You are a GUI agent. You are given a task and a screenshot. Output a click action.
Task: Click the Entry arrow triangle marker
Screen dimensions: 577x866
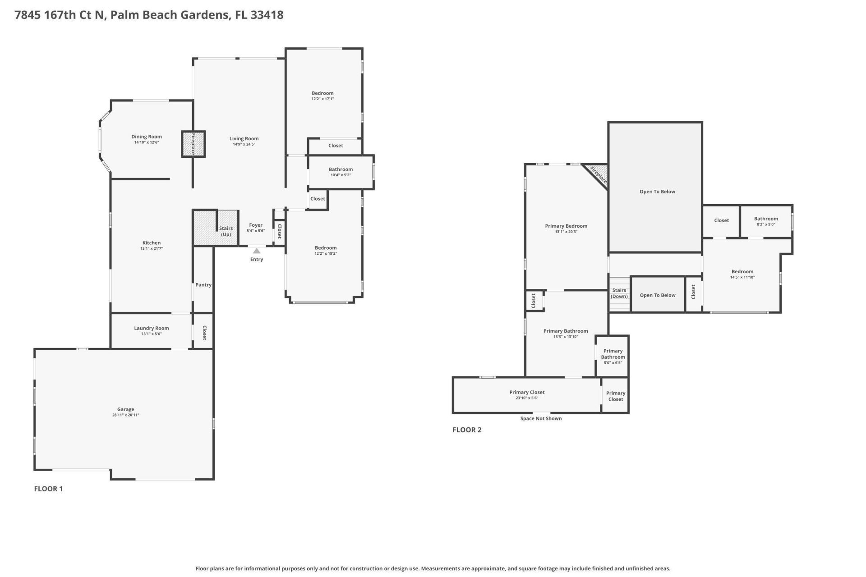point(256,251)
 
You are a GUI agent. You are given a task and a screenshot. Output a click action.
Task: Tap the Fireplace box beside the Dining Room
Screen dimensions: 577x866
point(193,144)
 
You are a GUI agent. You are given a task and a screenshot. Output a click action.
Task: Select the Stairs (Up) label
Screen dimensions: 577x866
point(226,231)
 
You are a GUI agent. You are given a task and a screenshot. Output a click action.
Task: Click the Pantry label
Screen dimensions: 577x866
point(203,285)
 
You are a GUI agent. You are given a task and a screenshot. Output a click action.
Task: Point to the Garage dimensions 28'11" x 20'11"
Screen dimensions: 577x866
point(125,415)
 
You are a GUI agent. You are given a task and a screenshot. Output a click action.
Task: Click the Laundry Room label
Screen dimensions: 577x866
point(152,328)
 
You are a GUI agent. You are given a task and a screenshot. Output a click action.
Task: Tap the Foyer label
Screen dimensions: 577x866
point(256,225)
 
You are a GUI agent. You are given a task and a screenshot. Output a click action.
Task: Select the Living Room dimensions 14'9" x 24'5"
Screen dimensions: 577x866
point(244,144)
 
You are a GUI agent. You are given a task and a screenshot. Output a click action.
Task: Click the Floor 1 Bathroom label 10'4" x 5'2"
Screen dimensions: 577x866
point(341,169)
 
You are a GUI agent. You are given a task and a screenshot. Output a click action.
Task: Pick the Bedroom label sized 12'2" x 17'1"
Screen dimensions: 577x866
point(322,93)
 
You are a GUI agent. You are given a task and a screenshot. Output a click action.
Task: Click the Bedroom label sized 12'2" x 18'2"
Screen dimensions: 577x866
point(326,248)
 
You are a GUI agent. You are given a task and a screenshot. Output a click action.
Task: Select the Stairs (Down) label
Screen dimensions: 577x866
point(619,293)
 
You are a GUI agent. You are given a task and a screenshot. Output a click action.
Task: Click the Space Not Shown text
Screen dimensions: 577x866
point(541,419)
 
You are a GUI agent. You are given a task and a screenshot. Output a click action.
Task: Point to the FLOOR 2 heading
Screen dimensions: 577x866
point(467,430)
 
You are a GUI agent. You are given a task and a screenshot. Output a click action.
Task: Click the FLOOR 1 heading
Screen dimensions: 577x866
point(48,489)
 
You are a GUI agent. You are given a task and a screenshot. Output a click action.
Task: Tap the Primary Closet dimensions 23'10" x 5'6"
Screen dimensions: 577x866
point(527,398)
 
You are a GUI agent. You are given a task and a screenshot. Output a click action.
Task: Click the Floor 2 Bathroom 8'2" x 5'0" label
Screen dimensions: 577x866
point(766,219)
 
